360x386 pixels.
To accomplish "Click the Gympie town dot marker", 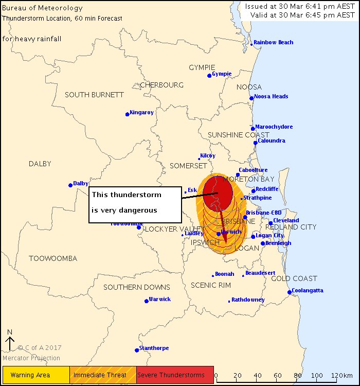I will (x=209, y=76).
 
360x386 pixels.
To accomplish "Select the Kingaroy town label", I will (x=142, y=112).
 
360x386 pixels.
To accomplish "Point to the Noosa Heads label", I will (x=272, y=96).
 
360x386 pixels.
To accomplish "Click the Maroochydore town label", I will (x=274, y=127).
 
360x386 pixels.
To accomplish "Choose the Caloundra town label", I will (x=272, y=141).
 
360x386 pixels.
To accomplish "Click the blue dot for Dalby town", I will (x=70, y=185).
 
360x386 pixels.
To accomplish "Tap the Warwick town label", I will (x=160, y=299).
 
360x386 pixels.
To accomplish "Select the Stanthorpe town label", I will (x=154, y=348).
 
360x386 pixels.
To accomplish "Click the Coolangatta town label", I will (x=308, y=290).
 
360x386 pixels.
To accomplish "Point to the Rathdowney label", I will (x=248, y=300).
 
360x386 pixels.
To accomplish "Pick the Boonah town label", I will (x=225, y=274).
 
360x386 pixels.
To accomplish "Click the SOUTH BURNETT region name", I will (x=94, y=95).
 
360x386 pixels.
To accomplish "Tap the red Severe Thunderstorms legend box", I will (x=175, y=375).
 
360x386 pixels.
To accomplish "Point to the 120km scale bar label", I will (x=341, y=375).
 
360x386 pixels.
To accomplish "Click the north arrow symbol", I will (x=10, y=342).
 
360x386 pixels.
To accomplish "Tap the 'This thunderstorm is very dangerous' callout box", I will (x=135, y=204).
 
